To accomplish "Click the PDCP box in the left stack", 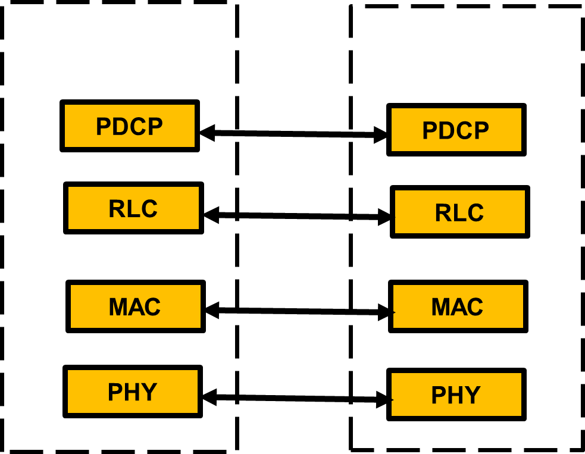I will [130, 126].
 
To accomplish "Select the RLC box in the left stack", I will [133, 208].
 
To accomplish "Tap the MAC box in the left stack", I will [136, 306].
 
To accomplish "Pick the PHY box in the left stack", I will [133, 392].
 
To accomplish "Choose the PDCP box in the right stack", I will [456, 130].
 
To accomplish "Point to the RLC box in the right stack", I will [460, 212].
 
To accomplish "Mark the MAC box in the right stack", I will [458, 306].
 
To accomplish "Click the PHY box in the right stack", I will [456, 394].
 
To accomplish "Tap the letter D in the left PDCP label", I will [121, 127].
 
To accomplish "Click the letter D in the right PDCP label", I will [447, 131].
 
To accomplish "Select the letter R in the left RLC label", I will [116, 209].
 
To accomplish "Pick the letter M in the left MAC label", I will [118, 307].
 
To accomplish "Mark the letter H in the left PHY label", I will [132, 392].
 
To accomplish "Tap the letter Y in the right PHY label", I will [473, 395].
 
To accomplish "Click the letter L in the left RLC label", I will [132, 209].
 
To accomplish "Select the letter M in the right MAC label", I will [441, 307].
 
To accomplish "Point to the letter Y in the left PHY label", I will [149, 392].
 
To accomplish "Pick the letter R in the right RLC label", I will [442, 213].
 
